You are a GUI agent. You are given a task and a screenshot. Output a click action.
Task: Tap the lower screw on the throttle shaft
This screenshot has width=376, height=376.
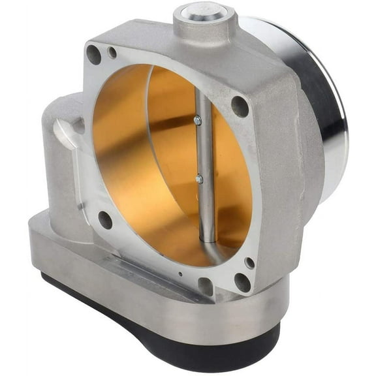[x=199, y=178]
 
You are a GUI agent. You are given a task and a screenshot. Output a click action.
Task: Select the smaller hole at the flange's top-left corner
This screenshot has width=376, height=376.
[x=112, y=52]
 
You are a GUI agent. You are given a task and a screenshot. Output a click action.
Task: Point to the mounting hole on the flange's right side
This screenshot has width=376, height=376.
[x=240, y=105]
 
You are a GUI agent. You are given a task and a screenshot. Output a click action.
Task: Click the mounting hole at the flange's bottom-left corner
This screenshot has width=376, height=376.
[x=104, y=219]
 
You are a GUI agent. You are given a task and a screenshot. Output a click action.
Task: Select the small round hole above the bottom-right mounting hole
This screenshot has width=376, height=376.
[x=249, y=262]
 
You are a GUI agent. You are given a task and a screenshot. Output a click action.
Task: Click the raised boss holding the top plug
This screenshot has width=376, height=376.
[x=204, y=26]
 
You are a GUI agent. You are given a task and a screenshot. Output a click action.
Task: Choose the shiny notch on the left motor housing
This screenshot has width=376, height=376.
[x=65, y=134]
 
